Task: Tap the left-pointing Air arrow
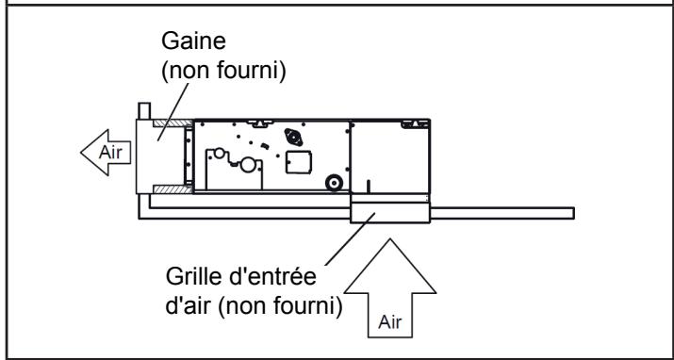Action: (x=106, y=151)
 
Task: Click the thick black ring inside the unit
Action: (x=331, y=183)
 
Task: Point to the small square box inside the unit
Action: (x=297, y=160)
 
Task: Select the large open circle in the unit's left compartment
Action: (x=248, y=165)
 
